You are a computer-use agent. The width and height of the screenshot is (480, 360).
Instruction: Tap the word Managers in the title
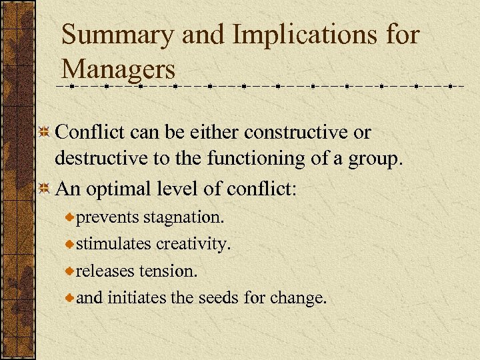(x=118, y=69)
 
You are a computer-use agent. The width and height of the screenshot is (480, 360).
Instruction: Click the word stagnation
(x=185, y=218)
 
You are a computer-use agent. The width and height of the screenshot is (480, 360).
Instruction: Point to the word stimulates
(x=114, y=245)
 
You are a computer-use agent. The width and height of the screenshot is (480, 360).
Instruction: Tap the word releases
(x=105, y=271)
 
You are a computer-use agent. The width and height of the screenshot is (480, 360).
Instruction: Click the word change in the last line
(x=298, y=298)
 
